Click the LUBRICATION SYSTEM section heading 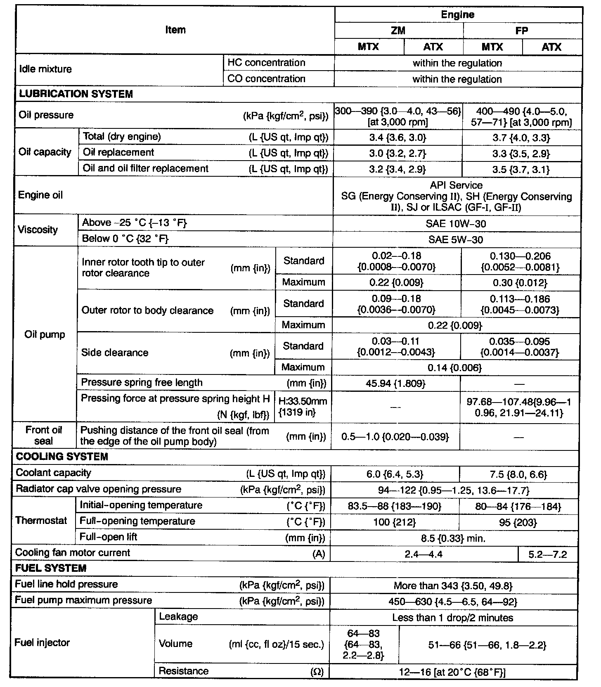click(x=76, y=94)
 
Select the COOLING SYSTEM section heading click(x=62, y=457)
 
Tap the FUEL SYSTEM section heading click(x=51, y=568)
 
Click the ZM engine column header click(x=398, y=31)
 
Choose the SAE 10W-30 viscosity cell click(x=456, y=224)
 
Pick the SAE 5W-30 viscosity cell click(x=456, y=239)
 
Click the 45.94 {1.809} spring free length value click(x=395, y=384)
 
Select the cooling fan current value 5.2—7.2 click(x=547, y=554)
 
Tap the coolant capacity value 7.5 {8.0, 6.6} click(x=518, y=474)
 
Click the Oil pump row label click(x=45, y=334)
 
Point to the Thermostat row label click(x=41, y=520)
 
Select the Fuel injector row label click(x=42, y=642)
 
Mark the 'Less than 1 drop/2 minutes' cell click(x=452, y=618)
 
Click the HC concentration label click(x=267, y=63)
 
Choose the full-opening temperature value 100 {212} click(x=394, y=522)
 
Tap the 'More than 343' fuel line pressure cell click(x=453, y=585)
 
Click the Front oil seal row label click(x=44, y=436)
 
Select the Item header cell click(x=175, y=30)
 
